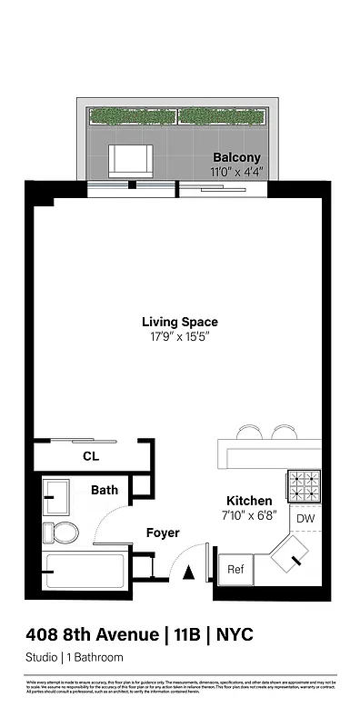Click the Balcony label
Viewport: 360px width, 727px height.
[236, 155]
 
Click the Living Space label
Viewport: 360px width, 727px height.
[179, 321]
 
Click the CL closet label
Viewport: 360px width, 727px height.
[90, 456]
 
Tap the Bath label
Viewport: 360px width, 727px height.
[104, 490]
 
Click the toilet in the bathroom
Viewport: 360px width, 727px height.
[64, 532]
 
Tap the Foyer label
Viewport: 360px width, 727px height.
[163, 533]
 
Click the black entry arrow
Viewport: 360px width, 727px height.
[189, 573]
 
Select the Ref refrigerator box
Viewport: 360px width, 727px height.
[235, 570]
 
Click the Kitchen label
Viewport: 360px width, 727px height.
[248, 501]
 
